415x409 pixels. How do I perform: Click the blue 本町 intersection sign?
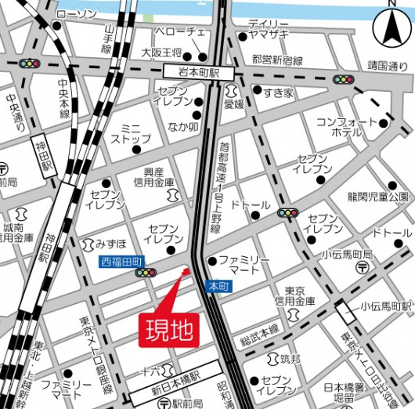[216, 287]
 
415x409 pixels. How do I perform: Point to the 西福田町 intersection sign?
[120, 261]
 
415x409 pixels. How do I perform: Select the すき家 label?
[278, 93]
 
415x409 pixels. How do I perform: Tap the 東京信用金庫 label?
[299, 295]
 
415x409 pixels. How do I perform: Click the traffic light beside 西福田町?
[146, 273]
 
